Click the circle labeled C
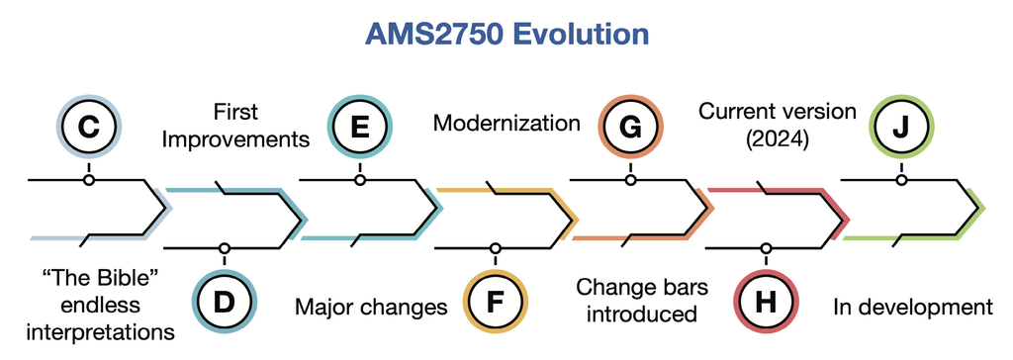(x=88, y=127)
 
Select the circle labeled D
(x=225, y=302)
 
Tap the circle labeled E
(x=360, y=127)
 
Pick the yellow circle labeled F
(x=496, y=302)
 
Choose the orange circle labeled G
(x=631, y=127)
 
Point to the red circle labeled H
(x=767, y=302)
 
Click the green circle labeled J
(x=902, y=127)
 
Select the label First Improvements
(x=235, y=126)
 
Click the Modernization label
(x=506, y=123)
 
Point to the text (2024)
(x=778, y=139)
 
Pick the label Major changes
(x=372, y=307)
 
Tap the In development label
(x=913, y=307)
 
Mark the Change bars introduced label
(x=642, y=300)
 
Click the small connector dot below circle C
(x=88, y=180)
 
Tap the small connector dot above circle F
(x=496, y=248)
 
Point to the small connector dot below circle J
(x=902, y=180)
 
